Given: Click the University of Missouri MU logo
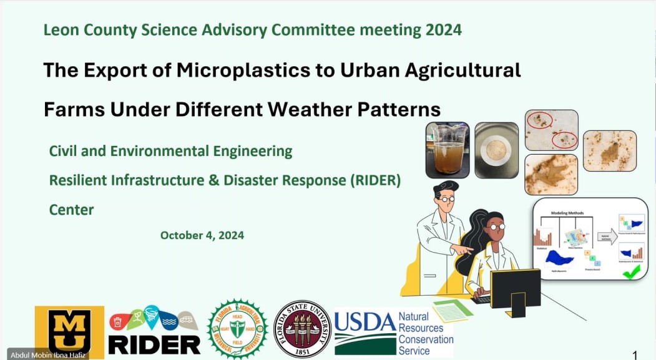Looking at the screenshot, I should (x=69, y=331).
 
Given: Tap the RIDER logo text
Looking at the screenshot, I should (x=154, y=344).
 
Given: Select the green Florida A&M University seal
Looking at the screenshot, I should (x=237, y=328).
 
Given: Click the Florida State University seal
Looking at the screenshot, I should (x=303, y=329).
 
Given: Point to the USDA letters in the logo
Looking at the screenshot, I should (x=365, y=321).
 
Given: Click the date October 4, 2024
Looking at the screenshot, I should (x=202, y=235).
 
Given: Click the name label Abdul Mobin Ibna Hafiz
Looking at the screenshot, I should (x=44, y=355).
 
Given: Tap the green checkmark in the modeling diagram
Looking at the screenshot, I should (x=631, y=271).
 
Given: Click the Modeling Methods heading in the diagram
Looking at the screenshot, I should (x=567, y=213).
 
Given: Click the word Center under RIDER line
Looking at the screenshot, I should (x=72, y=210).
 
